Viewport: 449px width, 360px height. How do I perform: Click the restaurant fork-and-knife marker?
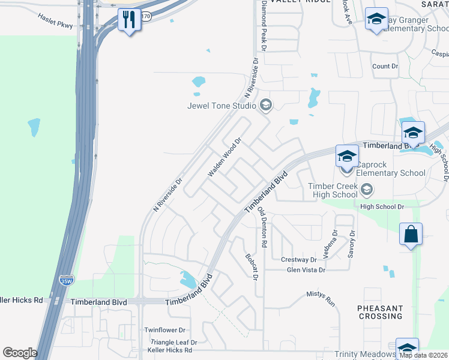pyautogui.click(x=129, y=20)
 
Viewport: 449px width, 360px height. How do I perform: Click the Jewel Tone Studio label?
pyautogui.click(x=221, y=106)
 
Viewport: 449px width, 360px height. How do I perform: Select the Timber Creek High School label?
pyautogui.click(x=333, y=190)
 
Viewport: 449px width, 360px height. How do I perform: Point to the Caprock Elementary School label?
pyautogui.click(x=390, y=169)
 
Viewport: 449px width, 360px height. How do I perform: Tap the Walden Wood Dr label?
pyautogui.click(x=224, y=157)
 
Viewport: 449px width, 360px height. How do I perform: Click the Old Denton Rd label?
pyautogui.click(x=262, y=227)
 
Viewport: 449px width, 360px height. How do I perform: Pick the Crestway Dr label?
pyautogui.click(x=298, y=260)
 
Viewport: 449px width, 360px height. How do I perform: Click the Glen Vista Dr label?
pyautogui.click(x=306, y=270)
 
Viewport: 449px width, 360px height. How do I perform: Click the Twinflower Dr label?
pyautogui.click(x=166, y=330)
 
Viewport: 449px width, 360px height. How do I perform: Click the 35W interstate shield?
pyautogui.click(x=66, y=280)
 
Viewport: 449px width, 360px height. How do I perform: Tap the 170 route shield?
pyautogui.click(x=146, y=16)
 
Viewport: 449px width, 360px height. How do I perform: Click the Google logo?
pyautogui.click(x=20, y=353)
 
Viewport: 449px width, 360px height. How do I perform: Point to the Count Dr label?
pyautogui.click(x=385, y=67)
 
